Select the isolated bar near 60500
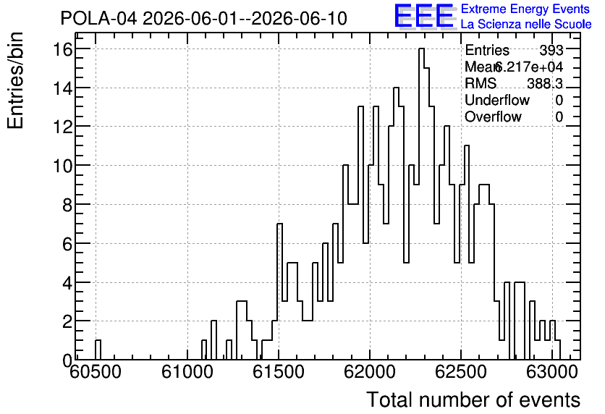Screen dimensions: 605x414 [98, 350]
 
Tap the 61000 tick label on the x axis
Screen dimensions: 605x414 [187, 373]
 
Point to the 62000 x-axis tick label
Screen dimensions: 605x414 [370, 373]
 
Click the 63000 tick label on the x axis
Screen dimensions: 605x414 [551, 373]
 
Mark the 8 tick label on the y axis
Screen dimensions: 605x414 [67, 205]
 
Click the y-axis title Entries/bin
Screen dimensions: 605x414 [16, 80]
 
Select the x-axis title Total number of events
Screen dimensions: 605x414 [473, 400]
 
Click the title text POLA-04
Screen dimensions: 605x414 [98, 19]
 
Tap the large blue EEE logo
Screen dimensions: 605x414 [423, 16]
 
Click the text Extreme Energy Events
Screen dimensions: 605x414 [525, 9]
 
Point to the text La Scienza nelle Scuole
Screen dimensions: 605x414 [526, 25]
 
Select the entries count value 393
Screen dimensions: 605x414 [551, 50]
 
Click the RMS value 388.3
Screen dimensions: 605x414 [545, 83]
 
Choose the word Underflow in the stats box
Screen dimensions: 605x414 [497, 101]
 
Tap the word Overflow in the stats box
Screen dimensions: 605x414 [493, 117]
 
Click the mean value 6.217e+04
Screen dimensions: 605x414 [528, 67]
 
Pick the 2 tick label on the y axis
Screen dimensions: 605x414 [67, 321]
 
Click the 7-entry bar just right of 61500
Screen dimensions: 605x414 [280, 291]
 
